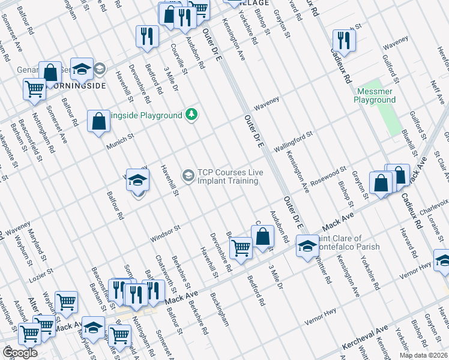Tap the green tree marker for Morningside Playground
coord(191,114)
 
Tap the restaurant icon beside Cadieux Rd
coord(343,40)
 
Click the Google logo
coord(20,353)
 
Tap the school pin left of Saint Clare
coord(307,247)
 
